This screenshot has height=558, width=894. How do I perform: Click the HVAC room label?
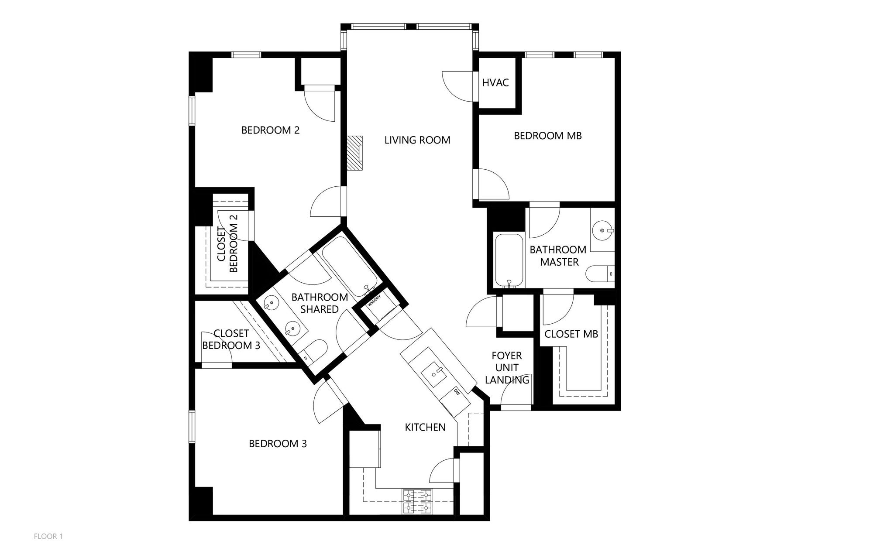point(495,82)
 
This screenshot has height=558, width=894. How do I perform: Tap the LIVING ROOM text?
point(417,140)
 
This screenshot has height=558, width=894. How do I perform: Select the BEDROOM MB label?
point(547,136)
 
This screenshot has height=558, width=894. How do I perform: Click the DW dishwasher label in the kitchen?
point(457,392)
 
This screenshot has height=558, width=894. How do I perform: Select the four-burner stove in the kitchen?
point(417,502)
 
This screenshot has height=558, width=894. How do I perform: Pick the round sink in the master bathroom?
point(603,229)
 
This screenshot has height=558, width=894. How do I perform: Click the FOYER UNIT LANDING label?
point(507,368)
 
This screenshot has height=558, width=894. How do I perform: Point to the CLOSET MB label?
point(571,334)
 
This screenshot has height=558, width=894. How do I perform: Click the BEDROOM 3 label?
point(278,444)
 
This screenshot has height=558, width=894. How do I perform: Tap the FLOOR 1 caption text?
point(48,536)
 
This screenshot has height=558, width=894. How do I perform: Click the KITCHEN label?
point(425,427)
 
